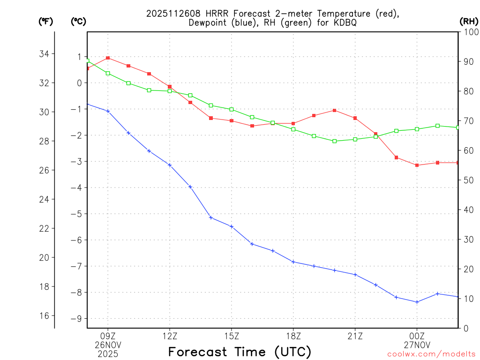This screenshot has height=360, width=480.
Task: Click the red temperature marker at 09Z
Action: [x=108, y=58]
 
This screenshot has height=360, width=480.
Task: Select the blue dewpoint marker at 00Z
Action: [x=417, y=302]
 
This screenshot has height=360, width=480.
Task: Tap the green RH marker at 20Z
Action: [x=334, y=141]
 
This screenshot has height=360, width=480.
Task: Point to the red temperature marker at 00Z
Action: [x=417, y=165]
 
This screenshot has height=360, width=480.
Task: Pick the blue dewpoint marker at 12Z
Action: [x=170, y=165]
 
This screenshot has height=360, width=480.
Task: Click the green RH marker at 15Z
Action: [x=232, y=109]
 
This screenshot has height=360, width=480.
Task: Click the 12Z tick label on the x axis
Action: [x=170, y=336]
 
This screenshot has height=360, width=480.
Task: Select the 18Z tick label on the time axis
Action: [x=293, y=336]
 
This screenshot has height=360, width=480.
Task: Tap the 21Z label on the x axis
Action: [x=355, y=336]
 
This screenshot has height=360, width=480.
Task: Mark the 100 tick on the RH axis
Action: [x=468, y=32]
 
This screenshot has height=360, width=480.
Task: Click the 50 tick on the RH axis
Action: [x=468, y=180]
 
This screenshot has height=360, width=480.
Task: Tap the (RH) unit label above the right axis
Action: [x=468, y=21]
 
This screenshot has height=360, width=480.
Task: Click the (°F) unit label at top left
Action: [x=45, y=21]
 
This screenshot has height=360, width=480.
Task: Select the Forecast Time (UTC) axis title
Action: [x=240, y=352]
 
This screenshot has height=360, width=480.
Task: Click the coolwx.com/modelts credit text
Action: [x=431, y=354]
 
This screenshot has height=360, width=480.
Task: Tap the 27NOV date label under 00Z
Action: [x=417, y=345]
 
